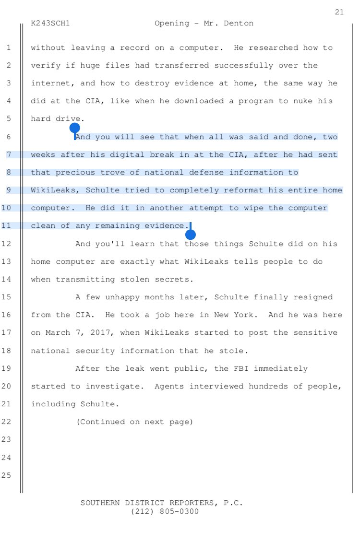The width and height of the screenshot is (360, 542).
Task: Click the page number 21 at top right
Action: tap(339, 12)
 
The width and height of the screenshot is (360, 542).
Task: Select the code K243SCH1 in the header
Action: tap(50, 23)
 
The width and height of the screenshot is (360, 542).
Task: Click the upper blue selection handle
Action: tap(74, 128)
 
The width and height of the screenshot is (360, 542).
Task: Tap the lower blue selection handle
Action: tap(191, 235)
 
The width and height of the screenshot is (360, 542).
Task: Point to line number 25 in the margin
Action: tap(9, 475)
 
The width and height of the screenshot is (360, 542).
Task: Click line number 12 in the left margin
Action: tap(9, 244)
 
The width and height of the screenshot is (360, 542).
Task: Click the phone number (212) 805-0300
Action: tap(164, 512)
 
